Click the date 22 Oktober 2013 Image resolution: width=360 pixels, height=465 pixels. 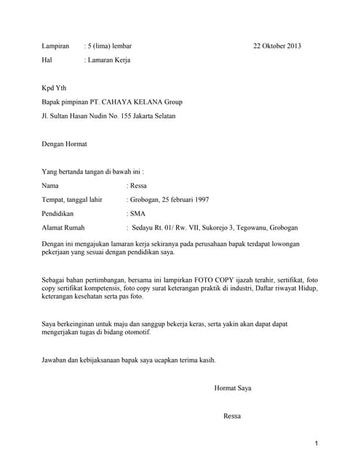277,46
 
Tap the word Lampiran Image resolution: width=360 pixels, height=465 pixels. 55,46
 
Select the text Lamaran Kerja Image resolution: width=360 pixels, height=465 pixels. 109,60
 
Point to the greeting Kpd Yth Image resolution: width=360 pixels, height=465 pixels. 54,88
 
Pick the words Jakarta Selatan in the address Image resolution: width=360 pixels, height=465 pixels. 151,116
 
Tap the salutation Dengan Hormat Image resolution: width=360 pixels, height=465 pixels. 65,144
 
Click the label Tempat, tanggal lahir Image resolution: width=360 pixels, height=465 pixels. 72,200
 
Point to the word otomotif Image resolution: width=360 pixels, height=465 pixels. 133,332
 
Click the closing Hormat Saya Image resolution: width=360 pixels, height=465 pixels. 233,389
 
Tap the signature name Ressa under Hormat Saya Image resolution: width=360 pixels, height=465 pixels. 233,416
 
